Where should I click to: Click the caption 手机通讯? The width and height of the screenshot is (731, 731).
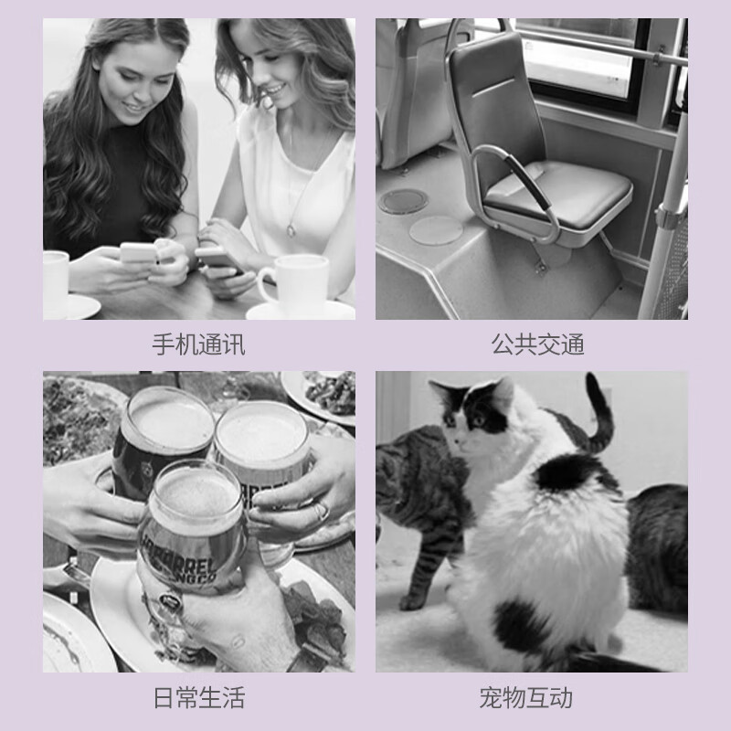point(198,344)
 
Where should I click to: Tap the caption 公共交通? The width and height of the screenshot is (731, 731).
point(537,344)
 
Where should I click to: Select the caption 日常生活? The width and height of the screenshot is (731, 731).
point(199,697)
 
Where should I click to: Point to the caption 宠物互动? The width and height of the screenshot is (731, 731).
point(526,697)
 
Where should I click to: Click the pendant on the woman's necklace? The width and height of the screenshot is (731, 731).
point(291,230)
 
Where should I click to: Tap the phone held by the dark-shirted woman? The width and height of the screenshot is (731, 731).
point(139,253)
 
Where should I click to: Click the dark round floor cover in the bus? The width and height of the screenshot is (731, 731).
point(403,201)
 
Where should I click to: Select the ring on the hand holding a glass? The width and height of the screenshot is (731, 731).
point(322,512)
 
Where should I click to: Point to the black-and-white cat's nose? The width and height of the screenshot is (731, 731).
point(459,440)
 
